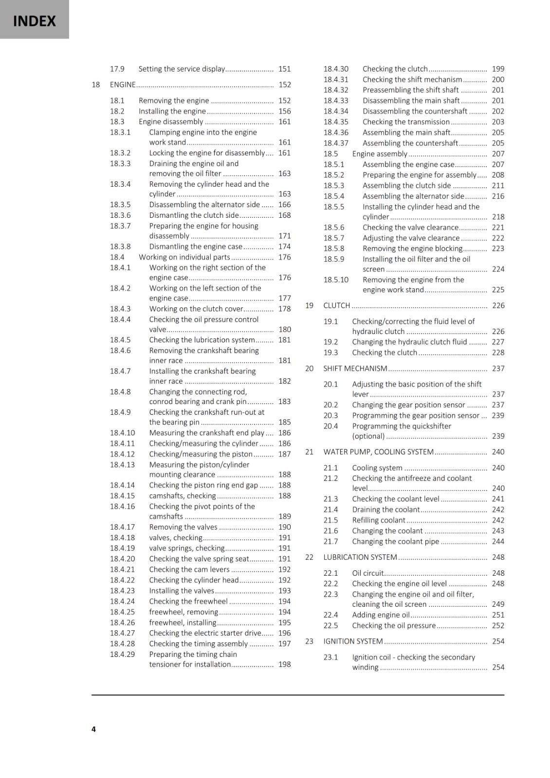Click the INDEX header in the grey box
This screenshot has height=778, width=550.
(34, 21)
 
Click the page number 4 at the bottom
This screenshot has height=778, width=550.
(93, 729)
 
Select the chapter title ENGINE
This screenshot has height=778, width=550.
(123, 85)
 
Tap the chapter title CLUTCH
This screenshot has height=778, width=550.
(337, 305)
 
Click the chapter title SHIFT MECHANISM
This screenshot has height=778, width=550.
(355, 369)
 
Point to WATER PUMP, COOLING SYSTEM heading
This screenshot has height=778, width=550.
(378, 452)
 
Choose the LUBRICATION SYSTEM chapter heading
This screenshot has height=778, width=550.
(360, 557)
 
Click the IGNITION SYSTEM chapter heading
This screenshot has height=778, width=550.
(353, 641)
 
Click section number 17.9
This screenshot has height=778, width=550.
(117, 69)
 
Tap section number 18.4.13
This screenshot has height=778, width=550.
(122, 464)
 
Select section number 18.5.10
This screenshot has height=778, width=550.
(336, 280)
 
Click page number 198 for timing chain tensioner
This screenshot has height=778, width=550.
(284, 664)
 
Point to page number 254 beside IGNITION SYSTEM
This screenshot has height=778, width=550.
(498, 641)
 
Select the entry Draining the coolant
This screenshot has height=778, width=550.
(386, 510)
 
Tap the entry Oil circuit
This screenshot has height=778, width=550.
(368, 573)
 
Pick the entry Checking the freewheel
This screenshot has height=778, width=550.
(188, 601)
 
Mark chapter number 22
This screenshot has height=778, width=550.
(309, 557)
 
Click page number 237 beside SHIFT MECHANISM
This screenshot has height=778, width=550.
(498, 369)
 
